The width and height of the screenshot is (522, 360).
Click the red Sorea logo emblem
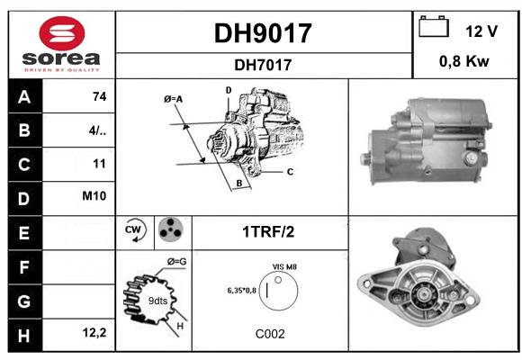pos(62,33)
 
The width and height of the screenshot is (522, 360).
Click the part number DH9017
pos(263,33)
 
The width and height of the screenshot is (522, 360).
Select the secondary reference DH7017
pos(263,65)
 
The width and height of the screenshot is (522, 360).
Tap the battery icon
pos(434,26)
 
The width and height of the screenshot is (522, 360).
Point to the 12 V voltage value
pos(481,31)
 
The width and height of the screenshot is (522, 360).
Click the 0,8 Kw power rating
pos(464,61)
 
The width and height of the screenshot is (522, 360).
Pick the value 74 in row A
pos(100,96)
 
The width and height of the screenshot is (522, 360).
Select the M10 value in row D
pos(94,196)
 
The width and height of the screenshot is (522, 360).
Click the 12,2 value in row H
pos(94,332)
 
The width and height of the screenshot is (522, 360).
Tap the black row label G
pos(25,301)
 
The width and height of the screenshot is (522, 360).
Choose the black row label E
pos(25,233)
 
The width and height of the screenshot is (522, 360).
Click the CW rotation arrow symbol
pos(135,230)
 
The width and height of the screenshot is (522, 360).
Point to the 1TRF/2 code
pos(268,232)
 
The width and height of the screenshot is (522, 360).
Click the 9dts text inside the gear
pos(157,301)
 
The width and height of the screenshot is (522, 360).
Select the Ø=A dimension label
pos(173,99)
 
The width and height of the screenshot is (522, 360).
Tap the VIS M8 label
pos(284,267)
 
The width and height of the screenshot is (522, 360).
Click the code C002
pos(270,334)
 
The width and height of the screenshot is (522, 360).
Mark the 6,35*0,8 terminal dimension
pos(241,291)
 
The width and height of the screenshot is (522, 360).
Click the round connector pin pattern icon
pos(171,229)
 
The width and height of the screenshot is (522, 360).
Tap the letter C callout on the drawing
pos(290,172)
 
